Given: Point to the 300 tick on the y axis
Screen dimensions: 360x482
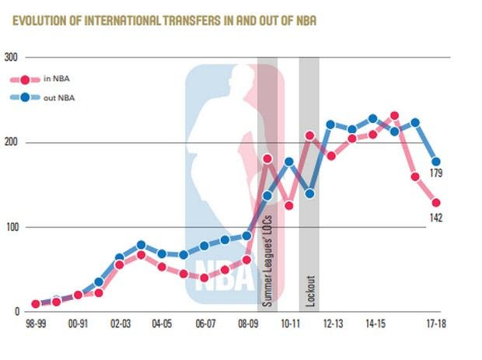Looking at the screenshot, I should coord(10,58).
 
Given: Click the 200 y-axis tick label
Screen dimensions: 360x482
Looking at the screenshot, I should coord(10,143).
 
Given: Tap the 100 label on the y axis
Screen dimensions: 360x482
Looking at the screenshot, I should coord(10,228).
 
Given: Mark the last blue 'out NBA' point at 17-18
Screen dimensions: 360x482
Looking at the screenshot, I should coord(436,162).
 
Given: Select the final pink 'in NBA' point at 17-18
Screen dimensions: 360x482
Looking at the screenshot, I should coord(436,203).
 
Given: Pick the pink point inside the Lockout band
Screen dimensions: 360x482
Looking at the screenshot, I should coord(309,136).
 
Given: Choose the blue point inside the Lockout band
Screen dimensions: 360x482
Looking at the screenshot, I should coord(309,194).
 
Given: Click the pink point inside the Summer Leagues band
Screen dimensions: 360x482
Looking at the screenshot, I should coord(267,159).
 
